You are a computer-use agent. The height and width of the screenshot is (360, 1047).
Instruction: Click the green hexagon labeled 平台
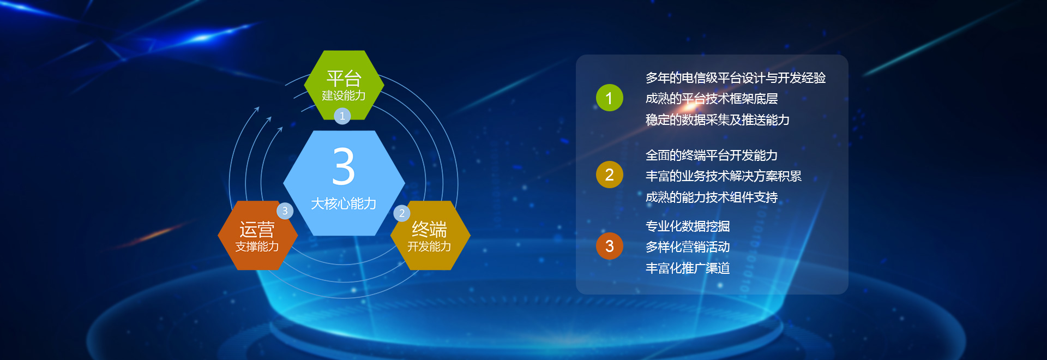point(344,85)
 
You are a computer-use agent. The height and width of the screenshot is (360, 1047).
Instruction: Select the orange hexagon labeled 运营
point(257,236)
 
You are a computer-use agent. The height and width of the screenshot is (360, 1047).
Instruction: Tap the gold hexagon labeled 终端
point(430,236)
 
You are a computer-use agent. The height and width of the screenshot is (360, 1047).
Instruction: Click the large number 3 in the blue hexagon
point(344,166)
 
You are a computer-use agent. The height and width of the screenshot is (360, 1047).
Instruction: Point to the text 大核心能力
point(344,203)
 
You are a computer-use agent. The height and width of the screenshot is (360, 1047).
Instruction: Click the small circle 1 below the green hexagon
point(342,116)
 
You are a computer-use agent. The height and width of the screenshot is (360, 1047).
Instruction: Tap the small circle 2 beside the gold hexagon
point(402,213)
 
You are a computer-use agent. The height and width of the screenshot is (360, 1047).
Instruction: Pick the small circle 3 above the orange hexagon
point(285,211)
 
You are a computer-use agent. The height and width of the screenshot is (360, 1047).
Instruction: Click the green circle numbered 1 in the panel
point(610,98)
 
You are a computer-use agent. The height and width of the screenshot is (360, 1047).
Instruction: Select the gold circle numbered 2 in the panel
point(610,175)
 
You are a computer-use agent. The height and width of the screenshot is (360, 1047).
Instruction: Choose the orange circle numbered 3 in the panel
point(610,246)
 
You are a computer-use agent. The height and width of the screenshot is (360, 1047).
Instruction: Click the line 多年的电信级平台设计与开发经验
point(736,78)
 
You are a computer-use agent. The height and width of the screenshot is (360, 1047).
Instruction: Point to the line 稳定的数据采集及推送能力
point(718,120)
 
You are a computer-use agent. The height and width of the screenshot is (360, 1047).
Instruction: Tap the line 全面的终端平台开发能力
point(712,155)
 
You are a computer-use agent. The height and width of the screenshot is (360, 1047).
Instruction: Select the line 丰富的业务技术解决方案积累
point(724,176)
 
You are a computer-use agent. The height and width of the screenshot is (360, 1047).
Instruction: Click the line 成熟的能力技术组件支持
point(712,197)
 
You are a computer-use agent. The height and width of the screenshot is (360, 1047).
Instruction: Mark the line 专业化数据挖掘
point(688,226)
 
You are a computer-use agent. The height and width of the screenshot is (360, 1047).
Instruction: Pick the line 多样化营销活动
point(688,247)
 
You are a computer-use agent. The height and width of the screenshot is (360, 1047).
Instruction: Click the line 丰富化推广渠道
point(688,268)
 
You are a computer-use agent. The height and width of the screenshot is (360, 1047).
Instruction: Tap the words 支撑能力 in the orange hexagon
point(257,247)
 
